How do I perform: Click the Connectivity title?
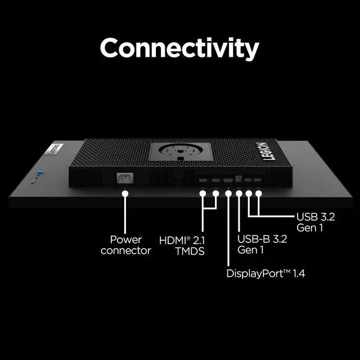[179, 48]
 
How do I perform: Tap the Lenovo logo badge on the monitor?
[54, 149]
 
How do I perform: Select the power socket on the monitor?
[125, 178]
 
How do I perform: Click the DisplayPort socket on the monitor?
[228, 180]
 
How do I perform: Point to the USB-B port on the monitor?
[238, 179]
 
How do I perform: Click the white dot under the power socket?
[125, 193]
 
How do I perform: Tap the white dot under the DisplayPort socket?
[228, 193]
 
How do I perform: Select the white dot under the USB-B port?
[239, 193]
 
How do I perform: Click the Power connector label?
[126, 245]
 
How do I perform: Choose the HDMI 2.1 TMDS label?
[182, 246]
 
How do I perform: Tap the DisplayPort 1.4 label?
[265, 273]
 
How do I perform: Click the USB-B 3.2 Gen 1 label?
[262, 244]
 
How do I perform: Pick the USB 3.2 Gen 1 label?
[316, 222]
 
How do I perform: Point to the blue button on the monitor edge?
[40, 173]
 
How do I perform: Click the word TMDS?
[190, 251]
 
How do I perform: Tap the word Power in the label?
[126, 240]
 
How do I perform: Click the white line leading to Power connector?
[125, 215]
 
